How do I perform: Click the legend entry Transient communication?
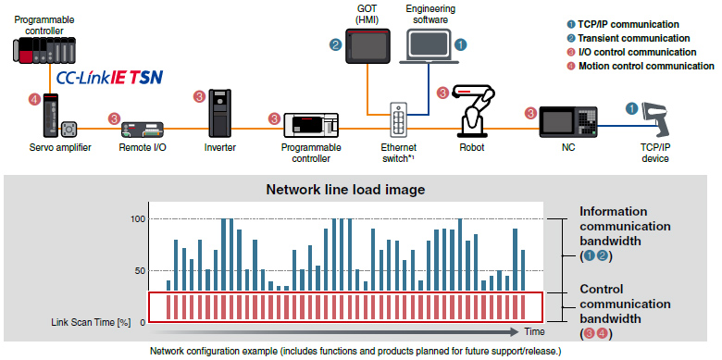point(633,38)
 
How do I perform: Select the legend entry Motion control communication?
point(646,66)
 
